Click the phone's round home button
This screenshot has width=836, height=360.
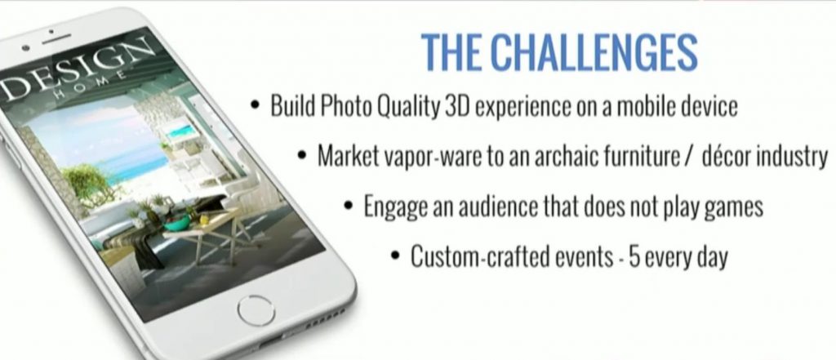(256, 310)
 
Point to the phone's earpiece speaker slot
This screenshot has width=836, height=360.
(56, 39)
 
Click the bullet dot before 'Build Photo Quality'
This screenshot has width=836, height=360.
(256, 105)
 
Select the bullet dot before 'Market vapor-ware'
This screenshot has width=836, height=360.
(303, 156)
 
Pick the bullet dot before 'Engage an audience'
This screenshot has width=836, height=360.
(349, 207)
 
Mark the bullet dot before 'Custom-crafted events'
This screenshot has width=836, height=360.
(395, 256)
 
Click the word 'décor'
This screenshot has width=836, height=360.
(731, 156)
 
